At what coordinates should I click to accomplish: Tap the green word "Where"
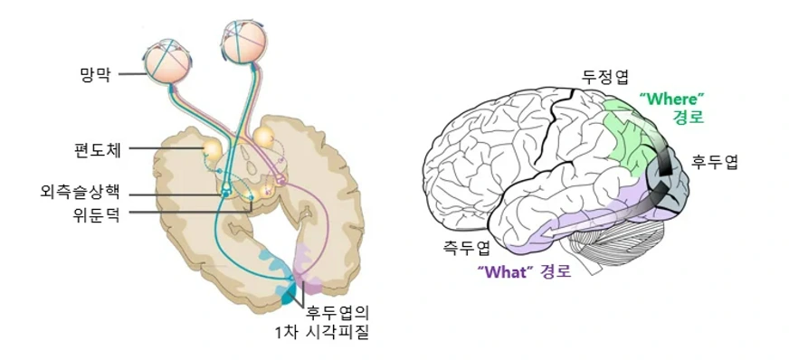(670, 98)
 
